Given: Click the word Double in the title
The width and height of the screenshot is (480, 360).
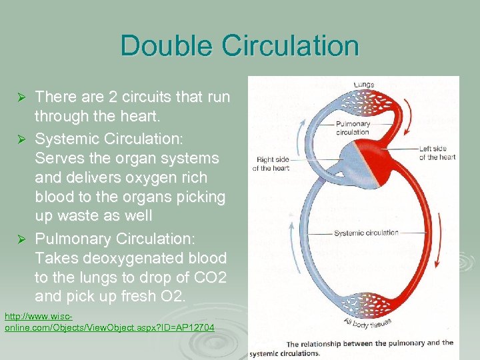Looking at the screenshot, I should pyautogui.click(x=167, y=46).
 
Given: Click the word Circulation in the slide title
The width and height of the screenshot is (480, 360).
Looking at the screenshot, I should pyautogui.click(x=291, y=46).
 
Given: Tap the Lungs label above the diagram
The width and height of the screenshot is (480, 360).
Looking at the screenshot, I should pyautogui.click(x=363, y=85).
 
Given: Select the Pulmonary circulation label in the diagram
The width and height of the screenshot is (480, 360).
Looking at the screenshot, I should pyautogui.click(x=353, y=128).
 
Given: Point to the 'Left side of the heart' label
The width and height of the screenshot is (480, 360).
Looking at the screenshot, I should pyautogui.click(x=437, y=153).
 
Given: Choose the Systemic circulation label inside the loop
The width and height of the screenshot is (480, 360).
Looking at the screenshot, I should pyautogui.click(x=366, y=233).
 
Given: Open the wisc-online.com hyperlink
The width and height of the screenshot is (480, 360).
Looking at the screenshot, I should pyautogui.click(x=109, y=322).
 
